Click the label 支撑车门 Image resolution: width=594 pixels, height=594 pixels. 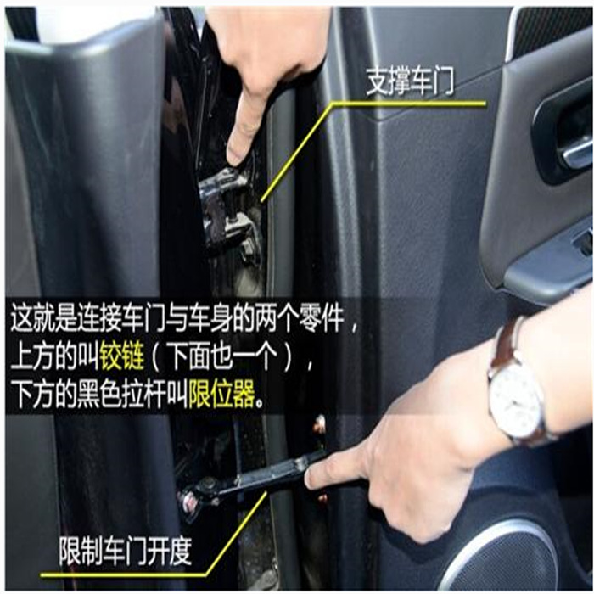pyautogui.click(x=410, y=83)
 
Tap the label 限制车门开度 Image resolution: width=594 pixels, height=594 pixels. pyautogui.click(x=126, y=552)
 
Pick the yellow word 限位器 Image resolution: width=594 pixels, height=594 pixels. pyautogui.click(x=221, y=396)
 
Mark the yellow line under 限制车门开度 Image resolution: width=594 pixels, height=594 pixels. pyautogui.click(x=127, y=574)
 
